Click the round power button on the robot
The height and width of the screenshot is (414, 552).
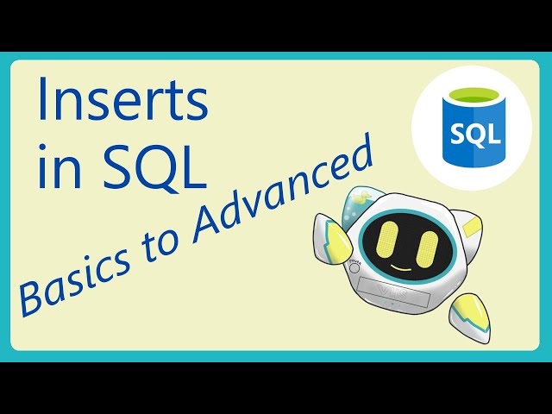(354, 268)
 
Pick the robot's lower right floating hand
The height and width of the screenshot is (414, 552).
(471, 319)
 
